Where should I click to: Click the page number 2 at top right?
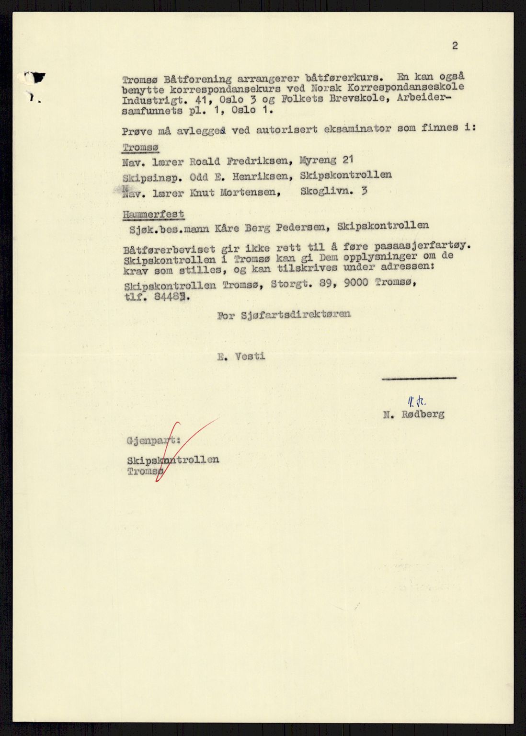pos(454,46)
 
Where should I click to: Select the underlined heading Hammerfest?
pos(153,214)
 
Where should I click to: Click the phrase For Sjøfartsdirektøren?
pos(284,314)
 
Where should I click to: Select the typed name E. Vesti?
pos(240,356)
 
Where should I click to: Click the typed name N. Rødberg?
pos(413,414)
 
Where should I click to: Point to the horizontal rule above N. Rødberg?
pos(419,379)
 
